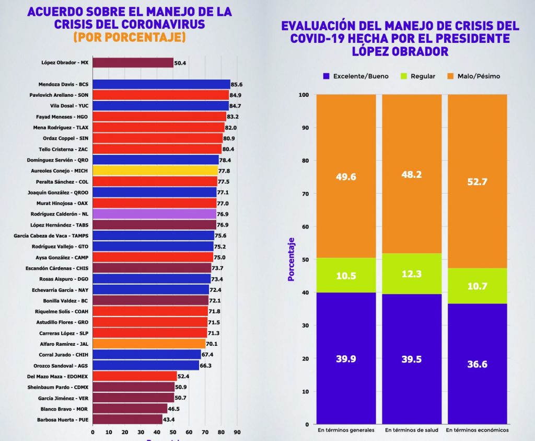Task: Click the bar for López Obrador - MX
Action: [133, 63]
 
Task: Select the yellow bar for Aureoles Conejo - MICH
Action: [155, 171]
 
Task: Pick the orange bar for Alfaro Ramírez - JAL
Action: [149, 344]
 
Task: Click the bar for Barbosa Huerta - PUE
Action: [127, 420]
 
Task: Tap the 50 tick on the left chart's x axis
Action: [173, 432]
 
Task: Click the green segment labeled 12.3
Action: [412, 274]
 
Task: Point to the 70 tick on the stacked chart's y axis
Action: [306, 194]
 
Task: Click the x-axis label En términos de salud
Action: [412, 430]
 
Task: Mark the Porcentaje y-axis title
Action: [292, 259]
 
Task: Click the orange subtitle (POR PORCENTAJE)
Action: [130, 38]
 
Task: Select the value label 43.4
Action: [170, 420]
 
